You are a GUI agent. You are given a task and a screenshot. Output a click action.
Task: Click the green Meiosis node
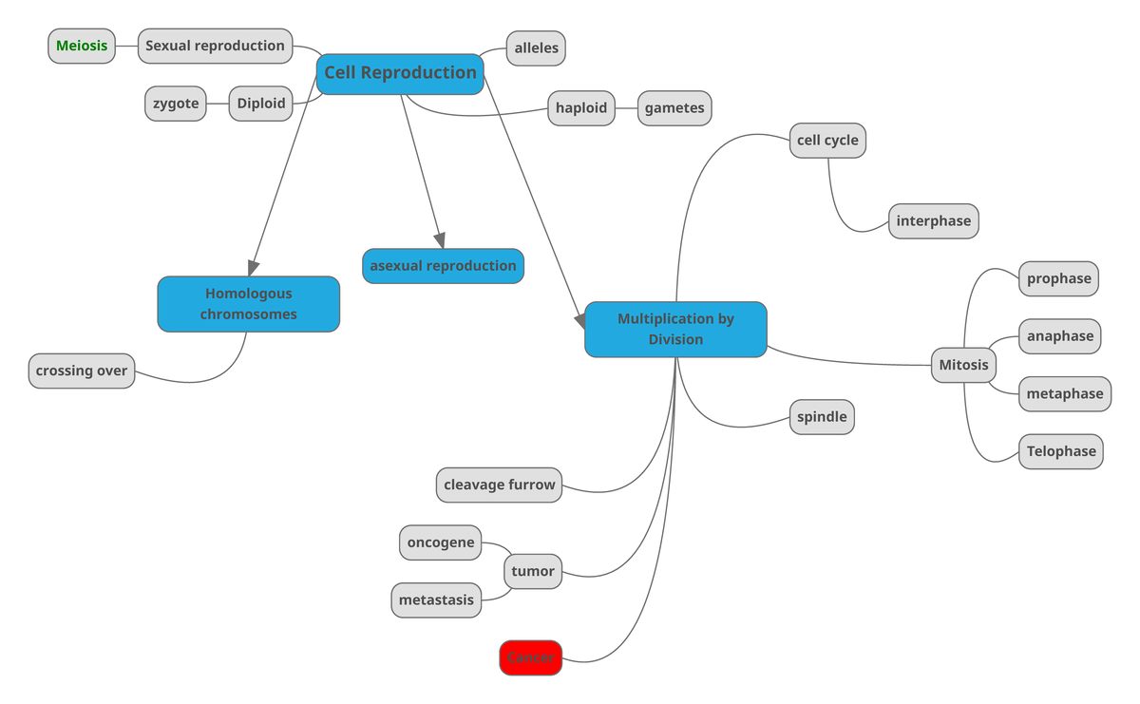coord(82,46)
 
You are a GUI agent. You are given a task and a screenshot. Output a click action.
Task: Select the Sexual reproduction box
coord(215,46)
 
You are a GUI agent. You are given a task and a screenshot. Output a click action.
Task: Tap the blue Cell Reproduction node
coord(400,73)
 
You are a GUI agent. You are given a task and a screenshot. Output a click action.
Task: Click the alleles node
coord(536,48)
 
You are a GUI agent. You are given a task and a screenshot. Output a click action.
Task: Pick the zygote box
coord(176,104)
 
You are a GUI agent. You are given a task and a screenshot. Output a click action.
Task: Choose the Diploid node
coord(261,104)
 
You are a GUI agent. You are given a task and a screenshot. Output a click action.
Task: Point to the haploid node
coord(581,108)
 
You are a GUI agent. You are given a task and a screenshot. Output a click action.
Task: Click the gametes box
coord(674,108)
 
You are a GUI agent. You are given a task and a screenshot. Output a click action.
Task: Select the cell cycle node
coord(827,141)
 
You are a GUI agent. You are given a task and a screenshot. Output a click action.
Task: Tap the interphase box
coord(933,221)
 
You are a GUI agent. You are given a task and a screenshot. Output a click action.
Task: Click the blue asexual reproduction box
coord(443,266)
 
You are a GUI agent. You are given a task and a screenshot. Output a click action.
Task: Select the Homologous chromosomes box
coord(248,304)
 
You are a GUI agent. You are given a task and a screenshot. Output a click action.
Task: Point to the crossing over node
coord(82,371)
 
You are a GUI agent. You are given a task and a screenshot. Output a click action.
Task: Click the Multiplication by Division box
coord(675,330)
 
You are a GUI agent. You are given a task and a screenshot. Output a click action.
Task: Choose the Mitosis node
coord(963,365)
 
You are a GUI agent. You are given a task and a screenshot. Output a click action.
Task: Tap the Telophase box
coord(1061,452)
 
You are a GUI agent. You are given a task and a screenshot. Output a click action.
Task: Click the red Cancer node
coord(531,658)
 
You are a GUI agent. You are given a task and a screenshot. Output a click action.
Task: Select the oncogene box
coord(440,543)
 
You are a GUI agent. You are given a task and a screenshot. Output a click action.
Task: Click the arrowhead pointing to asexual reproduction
coord(440,240)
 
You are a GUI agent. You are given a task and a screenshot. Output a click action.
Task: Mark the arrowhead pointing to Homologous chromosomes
coord(254,267)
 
